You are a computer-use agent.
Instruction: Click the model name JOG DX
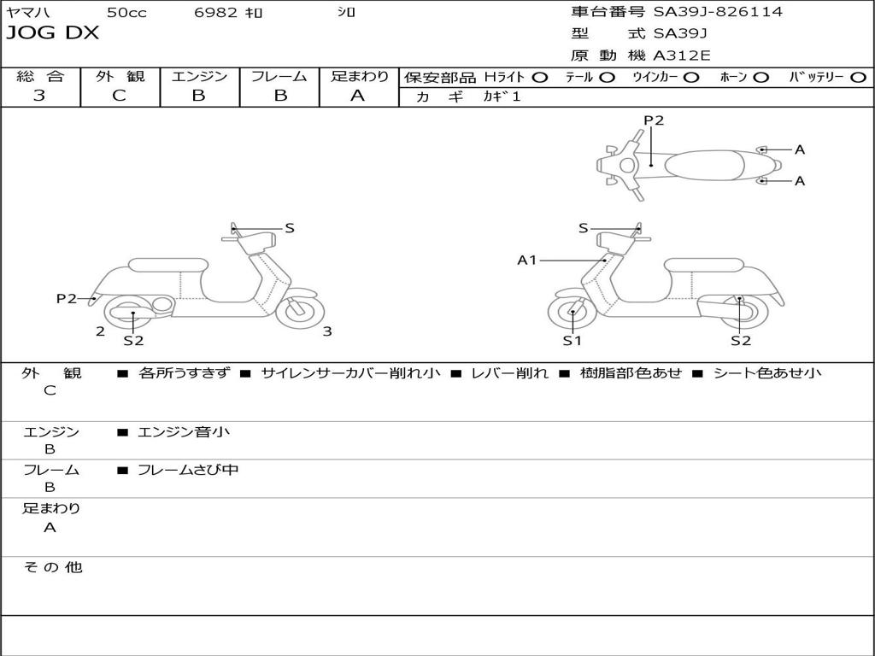click(52, 33)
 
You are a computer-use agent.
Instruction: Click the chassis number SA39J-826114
click(718, 12)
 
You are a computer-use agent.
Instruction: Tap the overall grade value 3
click(39, 96)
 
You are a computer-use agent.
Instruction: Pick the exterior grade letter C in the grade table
click(119, 96)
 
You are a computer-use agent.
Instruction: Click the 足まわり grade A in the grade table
click(357, 96)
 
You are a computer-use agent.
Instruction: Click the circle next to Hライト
click(540, 78)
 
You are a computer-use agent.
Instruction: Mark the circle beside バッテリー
click(858, 78)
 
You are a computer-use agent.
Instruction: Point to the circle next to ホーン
click(760, 78)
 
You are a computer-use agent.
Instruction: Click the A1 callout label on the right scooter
click(526, 260)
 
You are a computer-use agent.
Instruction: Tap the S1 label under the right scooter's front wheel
click(572, 340)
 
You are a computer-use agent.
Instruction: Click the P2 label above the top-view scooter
click(654, 120)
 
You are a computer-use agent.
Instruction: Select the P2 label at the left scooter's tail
click(67, 298)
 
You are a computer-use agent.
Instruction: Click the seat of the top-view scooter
click(705, 165)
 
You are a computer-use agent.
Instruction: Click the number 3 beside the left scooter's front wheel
click(327, 331)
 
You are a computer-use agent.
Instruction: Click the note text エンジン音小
click(184, 431)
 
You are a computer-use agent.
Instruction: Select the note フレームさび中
click(188, 471)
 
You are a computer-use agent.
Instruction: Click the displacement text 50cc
click(126, 12)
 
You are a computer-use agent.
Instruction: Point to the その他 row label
click(52, 567)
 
